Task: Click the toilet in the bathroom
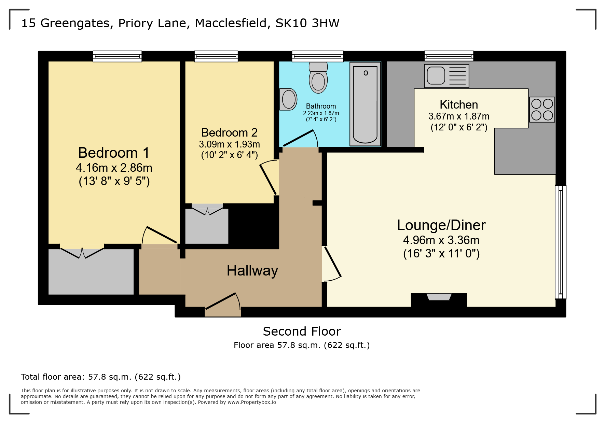pyautogui.click(x=318, y=77)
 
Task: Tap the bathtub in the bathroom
pyautogui.click(x=365, y=104)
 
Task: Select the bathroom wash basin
pyautogui.click(x=288, y=99)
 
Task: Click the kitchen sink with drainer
pyautogui.click(x=446, y=76)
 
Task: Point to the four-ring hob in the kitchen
pyautogui.click(x=542, y=110)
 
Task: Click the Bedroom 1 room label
pyautogui.click(x=114, y=153)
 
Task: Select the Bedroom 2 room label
pyautogui.click(x=229, y=132)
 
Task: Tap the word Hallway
pyautogui.click(x=252, y=271)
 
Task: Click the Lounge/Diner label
pyautogui.click(x=441, y=225)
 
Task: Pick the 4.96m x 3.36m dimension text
pyautogui.click(x=441, y=240)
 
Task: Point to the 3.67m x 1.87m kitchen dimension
pyautogui.click(x=459, y=116)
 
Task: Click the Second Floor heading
pyautogui.click(x=302, y=332)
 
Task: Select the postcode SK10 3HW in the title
pyautogui.click(x=307, y=23)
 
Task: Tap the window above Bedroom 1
pyautogui.click(x=117, y=56)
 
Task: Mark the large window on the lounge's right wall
pyautogui.click(x=561, y=242)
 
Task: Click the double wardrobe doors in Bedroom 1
pyautogui.click(x=82, y=253)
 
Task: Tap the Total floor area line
pyautogui.click(x=101, y=377)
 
